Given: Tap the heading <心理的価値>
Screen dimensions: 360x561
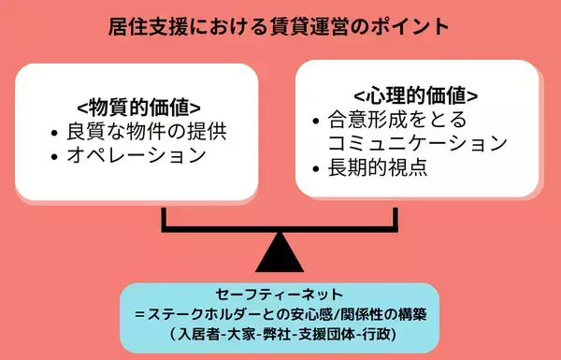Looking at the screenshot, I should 416,95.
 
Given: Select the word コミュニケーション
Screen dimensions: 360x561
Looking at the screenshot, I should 417,144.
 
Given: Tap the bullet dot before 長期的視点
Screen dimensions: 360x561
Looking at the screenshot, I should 315,170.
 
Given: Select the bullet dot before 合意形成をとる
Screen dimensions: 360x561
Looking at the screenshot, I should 315,121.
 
